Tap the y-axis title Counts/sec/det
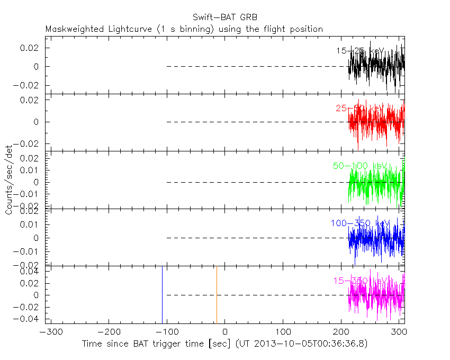tap(9, 181)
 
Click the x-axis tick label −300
tap(48, 334)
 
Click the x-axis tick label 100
tap(283, 334)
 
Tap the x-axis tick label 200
tap(341, 334)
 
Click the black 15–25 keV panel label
tap(360, 51)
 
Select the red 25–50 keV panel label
tap(360, 109)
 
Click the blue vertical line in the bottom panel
tap(162, 294)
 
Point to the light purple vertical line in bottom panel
tap(217, 294)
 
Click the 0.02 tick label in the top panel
tap(30, 48)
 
